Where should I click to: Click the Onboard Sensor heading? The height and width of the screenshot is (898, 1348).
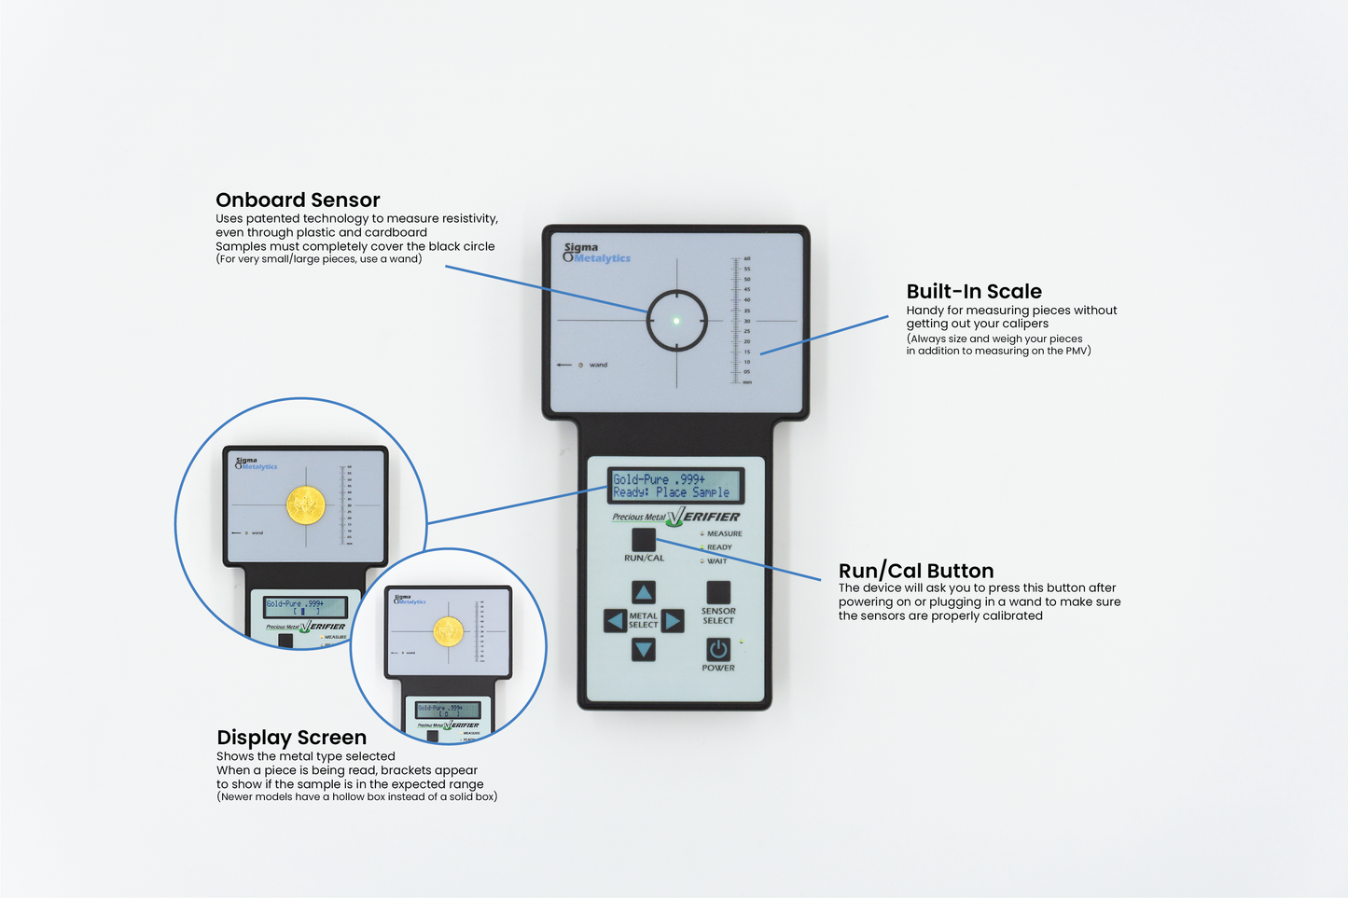298,200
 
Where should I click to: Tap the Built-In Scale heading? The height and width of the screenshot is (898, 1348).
974,291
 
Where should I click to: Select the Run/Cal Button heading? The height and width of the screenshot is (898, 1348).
915,571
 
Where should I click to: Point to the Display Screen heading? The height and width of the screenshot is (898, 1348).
291,738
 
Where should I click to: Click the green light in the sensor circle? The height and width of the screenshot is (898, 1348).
676,321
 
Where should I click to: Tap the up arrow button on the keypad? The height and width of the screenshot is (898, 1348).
644,592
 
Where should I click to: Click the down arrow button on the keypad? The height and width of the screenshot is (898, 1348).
644,649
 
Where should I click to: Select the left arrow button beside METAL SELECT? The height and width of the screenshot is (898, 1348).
615,621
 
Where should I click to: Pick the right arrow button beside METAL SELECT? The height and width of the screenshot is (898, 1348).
673,621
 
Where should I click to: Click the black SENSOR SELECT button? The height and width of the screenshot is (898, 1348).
718,592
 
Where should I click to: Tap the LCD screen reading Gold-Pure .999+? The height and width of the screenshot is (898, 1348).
675,486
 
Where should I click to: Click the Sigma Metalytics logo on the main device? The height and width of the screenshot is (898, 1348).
597,253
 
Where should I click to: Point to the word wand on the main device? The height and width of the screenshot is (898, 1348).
598,365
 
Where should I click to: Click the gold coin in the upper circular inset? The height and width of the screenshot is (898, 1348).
305,505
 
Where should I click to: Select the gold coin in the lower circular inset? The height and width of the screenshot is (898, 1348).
449,632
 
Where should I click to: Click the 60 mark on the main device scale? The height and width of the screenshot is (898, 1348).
747,259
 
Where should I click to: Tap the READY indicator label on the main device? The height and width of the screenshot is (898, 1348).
719,547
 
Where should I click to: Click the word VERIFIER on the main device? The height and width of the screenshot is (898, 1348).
711,517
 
